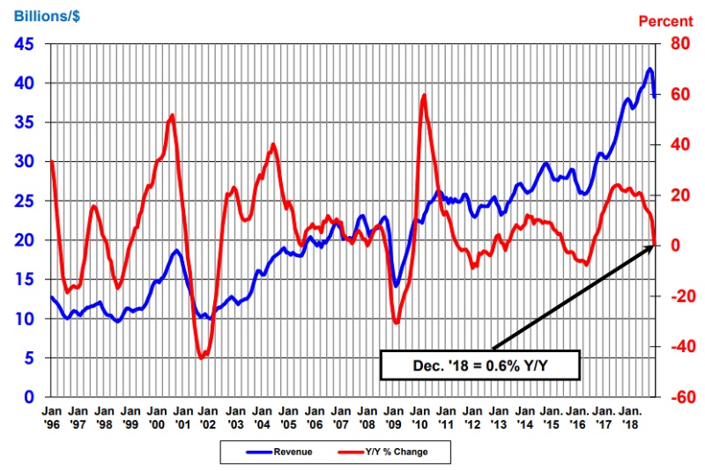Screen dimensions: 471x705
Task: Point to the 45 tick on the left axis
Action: [x=24, y=44]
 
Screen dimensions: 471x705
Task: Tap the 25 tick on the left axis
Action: [x=24, y=201]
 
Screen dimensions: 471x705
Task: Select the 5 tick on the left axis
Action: [x=30, y=358]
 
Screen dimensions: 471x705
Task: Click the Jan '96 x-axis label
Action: [x=52, y=416]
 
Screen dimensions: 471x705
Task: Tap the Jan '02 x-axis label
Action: [x=209, y=416]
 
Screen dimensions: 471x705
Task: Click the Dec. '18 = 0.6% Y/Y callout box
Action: [x=480, y=364]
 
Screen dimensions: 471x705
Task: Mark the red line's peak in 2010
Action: [x=425, y=94]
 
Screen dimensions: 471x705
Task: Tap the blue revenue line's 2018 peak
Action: [x=650, y=69]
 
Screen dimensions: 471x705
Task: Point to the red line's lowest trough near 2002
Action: [x=202, y=357]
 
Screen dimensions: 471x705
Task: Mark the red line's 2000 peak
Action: [x=172, y=114]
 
